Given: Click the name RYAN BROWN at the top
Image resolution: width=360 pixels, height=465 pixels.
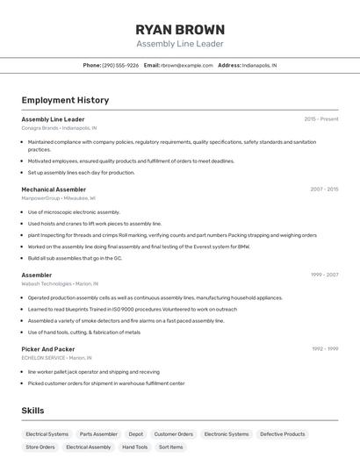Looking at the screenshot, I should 180,29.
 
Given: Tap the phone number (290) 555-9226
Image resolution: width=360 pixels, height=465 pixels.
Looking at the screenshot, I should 120,65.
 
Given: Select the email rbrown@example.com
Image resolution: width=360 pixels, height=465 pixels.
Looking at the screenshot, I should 187,65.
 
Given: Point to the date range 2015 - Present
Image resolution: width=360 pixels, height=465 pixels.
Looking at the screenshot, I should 321,118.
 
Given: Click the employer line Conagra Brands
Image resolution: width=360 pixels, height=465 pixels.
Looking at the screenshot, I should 40,128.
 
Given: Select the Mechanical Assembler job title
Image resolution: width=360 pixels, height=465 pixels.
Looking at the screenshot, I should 54,190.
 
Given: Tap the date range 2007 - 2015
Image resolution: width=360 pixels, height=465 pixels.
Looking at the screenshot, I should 324,189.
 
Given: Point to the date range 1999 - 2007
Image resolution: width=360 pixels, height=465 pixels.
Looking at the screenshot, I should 324,275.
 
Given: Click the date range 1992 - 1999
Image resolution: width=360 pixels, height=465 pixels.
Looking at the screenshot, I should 325,348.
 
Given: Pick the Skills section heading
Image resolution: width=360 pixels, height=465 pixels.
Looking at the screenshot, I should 32,411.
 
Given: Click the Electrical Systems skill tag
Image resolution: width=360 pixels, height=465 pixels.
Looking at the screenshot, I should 47,433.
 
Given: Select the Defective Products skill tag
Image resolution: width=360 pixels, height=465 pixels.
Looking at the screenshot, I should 282,433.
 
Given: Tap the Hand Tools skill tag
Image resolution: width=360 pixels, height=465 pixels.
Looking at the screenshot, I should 134,447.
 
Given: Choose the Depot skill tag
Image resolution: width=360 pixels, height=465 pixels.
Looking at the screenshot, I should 136,433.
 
